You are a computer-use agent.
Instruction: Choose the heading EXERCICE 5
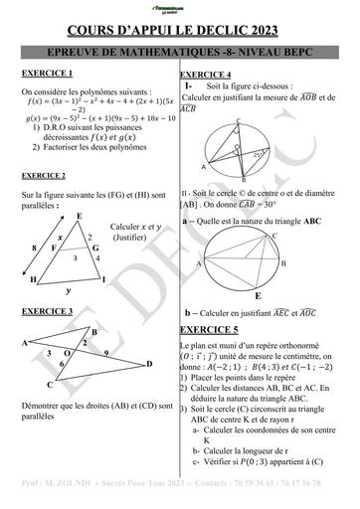pos(210,327)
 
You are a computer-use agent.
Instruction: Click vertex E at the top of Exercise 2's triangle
pos(79,216)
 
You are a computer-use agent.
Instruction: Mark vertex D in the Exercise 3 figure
pos(149,364)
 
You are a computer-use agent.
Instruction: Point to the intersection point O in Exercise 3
pos(67,353)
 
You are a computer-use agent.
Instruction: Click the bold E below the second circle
pos(259,295)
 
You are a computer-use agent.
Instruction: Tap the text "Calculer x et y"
pos(135,227)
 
